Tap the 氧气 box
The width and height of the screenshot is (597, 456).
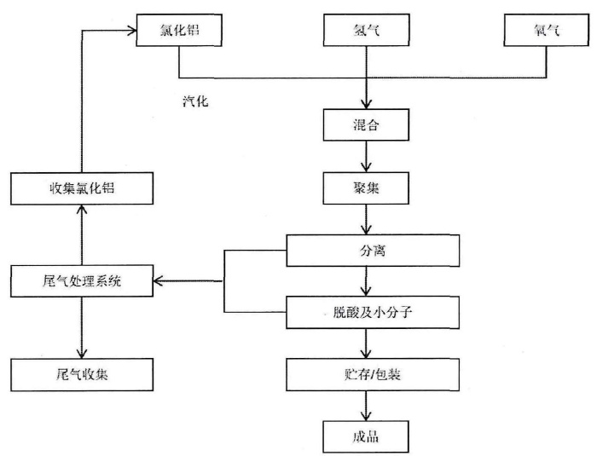545,32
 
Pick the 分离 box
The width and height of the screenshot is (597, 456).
373,251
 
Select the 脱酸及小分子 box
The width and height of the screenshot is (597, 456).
373,311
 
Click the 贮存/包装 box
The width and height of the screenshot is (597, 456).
373,372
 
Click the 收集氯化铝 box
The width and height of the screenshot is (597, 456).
81,188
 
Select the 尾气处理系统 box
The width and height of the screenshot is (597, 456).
82,280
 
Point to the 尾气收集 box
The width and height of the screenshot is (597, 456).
82,372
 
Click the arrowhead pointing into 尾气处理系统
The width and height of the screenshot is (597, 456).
160,280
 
